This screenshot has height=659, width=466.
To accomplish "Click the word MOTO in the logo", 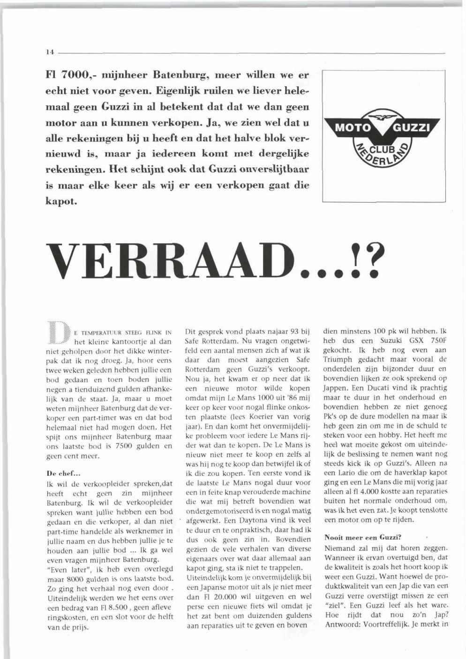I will pyautogui.click(x=351, y=128).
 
